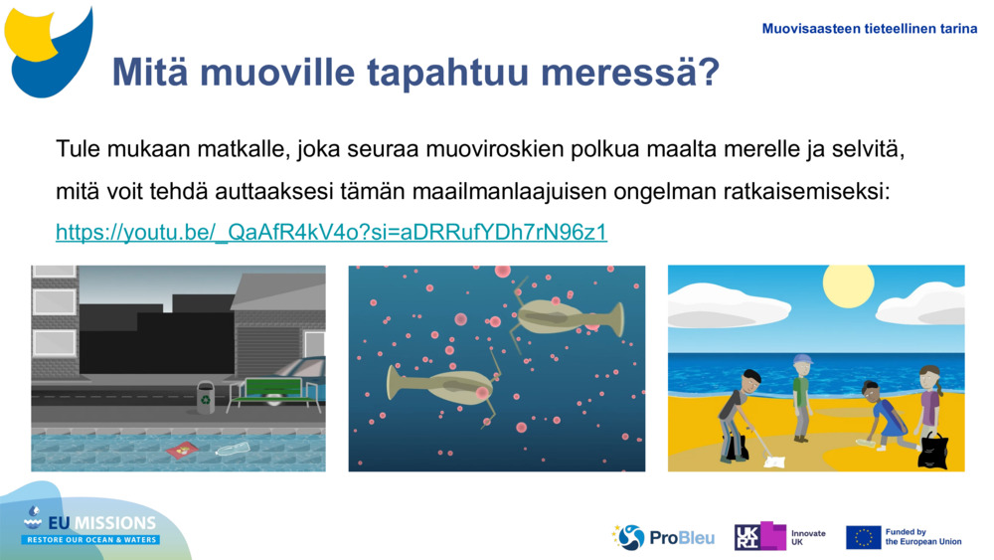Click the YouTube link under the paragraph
[x=331, y=233]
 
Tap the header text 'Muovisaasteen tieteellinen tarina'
[x=869, y=29]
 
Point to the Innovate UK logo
[x=780, y=537]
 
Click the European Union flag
[x=863, y=537]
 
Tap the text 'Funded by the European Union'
[x=922, y=537]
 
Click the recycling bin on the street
[x=205, y=398]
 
